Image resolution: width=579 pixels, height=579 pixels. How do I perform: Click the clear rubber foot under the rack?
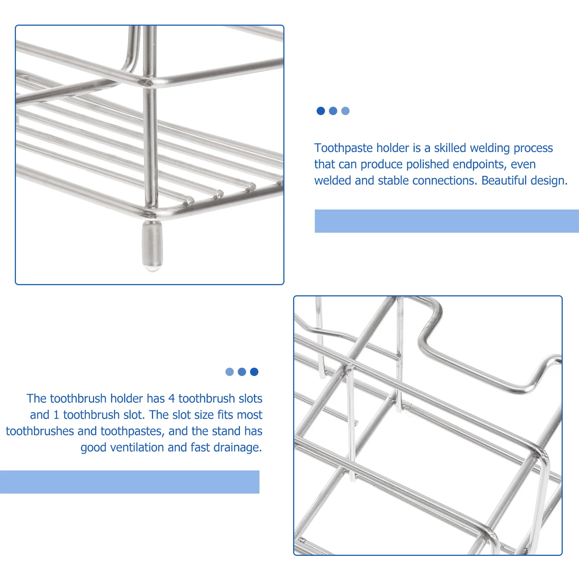(x=152, y=246)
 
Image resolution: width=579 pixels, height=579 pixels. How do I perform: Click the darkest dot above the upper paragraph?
(x=321, y=111)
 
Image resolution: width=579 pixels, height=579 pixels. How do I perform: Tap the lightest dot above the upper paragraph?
(x=345, y=111)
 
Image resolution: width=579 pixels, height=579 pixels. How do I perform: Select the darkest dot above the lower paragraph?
(x=254, y=372)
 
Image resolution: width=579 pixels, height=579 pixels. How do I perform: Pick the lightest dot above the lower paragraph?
(x=229, y=372)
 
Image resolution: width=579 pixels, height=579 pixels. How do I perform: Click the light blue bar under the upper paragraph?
(x=447, y=221)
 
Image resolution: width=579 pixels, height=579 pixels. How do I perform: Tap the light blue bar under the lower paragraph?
(x=130, y=482)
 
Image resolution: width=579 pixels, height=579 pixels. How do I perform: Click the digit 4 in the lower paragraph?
(x=172, y=398)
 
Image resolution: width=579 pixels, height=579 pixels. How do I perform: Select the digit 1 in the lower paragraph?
(x=56, y=415)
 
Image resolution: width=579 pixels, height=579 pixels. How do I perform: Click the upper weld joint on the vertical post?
(x=147, y=82)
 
